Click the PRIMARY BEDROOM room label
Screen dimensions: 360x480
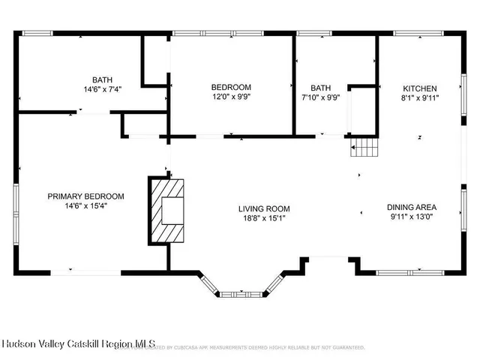pyautogui.click(x=85, y=196)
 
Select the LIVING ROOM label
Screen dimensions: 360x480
pyautogui.click(x=264, y=208)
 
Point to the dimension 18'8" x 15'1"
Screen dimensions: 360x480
pyautogui.click(x=264, y=218)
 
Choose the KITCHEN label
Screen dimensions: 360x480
pyautogui.click(x=420, y=88)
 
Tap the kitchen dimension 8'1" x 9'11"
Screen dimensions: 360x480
pyautogui.click(x=420, y=97)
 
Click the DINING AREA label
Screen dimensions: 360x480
pyautogui.click(x=412, y=208)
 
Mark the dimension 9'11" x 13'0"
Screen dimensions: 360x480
pyautogui.click(x=412, y=217)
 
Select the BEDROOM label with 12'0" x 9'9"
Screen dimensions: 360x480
pyautogui.click(x=231, y=87)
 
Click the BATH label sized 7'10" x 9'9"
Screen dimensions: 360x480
pyautogui.click(x=321, y=87)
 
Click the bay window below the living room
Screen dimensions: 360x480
pyautogui.click(x=242, y=292)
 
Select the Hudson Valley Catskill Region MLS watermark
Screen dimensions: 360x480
pyautogui.click(x=78, y=344)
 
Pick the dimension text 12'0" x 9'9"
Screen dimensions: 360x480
pyautogui.click(x=231, y=97)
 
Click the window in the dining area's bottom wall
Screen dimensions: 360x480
pyautogui.click(x=403, y=271)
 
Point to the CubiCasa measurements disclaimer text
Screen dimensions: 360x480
pyautogui.click(x=259, y=348)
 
